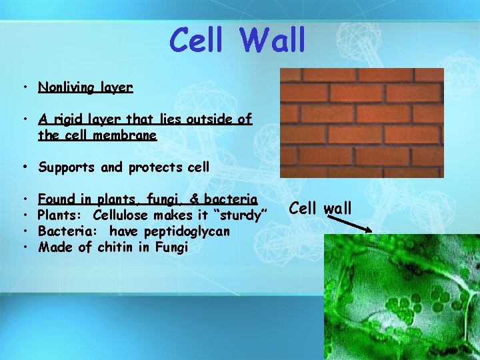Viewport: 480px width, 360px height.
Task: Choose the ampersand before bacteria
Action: point(195,199)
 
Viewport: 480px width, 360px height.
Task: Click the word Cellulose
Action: point(121,215)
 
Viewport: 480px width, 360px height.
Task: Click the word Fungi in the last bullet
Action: point(172,247)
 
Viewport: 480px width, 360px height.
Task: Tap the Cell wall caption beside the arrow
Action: point(320,207)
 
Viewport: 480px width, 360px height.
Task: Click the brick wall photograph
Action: point(361,123)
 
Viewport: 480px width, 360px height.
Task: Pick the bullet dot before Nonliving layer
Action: point(24,88)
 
